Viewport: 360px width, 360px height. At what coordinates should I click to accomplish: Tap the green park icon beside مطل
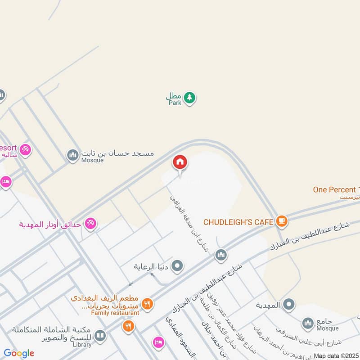point(190,97)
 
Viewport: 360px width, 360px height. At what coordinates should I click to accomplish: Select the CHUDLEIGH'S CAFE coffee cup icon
point(282,221)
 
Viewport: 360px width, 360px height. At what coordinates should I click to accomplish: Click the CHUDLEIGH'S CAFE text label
point(238,222)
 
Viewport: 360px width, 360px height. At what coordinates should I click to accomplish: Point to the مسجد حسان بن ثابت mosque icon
point(72,155)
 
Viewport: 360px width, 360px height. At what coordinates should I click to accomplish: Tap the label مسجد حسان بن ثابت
point(117,153)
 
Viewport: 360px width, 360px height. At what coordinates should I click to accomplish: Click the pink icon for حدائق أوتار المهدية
point(90,223)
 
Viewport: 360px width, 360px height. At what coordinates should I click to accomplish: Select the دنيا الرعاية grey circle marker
point(178,266)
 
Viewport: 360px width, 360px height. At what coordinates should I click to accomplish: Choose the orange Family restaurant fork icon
point(147,305)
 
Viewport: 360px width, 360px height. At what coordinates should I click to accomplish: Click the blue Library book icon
point(100,336)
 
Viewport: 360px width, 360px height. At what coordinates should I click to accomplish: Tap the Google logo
point(19,353)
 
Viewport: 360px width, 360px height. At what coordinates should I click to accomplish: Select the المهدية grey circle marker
point(288,305)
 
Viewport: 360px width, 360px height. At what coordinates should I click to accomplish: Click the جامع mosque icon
point(308,323)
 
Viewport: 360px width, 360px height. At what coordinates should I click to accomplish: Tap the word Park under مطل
point(175,103)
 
